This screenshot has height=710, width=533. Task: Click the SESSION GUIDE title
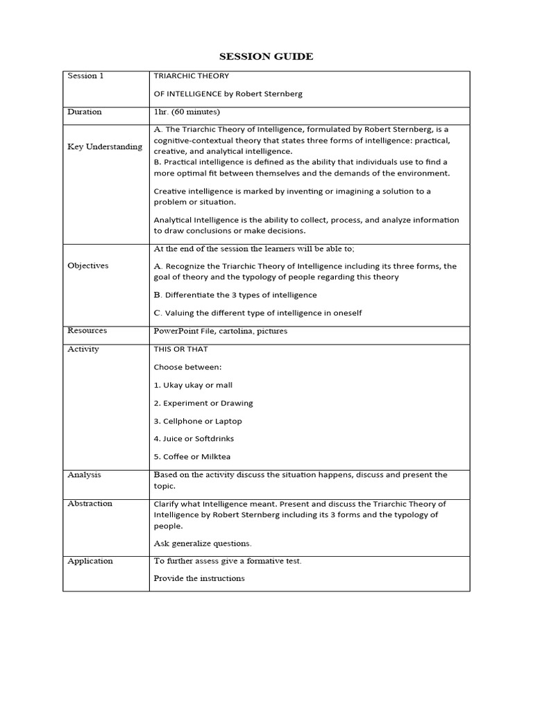click(266, 56)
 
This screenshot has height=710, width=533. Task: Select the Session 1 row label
click(85, 76)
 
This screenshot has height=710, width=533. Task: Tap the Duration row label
click(84, 112)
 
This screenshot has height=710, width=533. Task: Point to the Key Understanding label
click(105, 146)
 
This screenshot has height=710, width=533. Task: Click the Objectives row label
click(88, 266)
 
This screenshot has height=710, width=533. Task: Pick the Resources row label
click(87, 331)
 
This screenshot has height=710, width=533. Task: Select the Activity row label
click(83, 349)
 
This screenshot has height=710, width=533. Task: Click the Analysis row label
click(84, 475)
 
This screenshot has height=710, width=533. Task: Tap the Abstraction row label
click(90, 503)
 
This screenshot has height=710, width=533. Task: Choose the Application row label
click(90, 561)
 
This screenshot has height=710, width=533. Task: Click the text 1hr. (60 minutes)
click(187, 112)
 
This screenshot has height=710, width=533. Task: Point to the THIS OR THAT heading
click(180, 349)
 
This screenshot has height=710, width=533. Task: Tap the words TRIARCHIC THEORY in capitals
click(192, 76)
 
